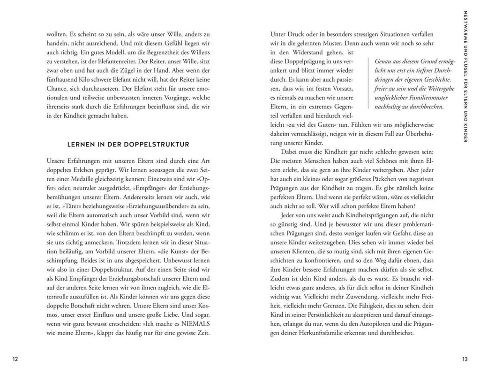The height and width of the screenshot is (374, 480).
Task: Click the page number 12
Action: [15, 359]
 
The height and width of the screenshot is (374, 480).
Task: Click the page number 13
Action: [465, 359]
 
